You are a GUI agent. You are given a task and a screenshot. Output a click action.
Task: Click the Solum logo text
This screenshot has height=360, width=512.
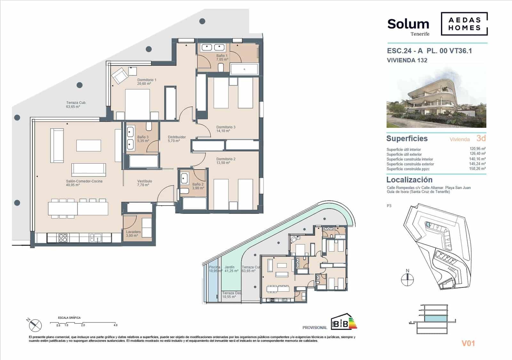(x=408, y=24)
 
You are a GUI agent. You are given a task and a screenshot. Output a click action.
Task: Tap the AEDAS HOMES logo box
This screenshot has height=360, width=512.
(x=464, y=24)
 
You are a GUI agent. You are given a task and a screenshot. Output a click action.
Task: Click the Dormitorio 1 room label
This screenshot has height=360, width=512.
(x=147, y=80)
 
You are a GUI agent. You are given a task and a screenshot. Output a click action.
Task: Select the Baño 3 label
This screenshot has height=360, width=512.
(x=143, y=137)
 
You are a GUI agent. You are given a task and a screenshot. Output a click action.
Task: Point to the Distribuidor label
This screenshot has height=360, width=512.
(x=177, y=137)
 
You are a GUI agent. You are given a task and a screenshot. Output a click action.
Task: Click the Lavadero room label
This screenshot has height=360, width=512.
(x=133, y=232)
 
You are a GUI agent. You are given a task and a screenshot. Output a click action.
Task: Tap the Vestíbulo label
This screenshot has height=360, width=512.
(x=144, y=181)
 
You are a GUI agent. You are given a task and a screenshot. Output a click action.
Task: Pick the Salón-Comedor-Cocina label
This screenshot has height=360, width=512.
(x=84, y=181)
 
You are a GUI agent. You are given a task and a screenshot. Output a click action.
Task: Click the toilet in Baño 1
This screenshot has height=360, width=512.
(x=220, y=67)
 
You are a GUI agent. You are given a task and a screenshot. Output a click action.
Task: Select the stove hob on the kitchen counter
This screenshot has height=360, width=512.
(x=63, y=238)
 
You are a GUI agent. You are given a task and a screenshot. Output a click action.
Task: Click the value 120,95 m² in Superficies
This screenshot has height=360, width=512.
(x=477, y=149)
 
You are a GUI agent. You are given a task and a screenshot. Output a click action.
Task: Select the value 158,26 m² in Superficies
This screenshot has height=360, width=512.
(x=477, y=168)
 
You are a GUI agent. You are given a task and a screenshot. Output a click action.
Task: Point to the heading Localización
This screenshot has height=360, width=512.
(x=409, y=180)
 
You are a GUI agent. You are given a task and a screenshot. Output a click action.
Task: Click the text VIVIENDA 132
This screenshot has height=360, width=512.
(x=407, y=60)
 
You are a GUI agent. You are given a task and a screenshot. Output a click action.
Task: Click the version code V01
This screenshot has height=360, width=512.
(x=468, y=343)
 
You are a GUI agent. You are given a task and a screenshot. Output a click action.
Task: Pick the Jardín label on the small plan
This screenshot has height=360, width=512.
(x=229, y=267)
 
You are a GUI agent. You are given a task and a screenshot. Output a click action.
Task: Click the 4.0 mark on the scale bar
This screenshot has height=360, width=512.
(x=116, y=325)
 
